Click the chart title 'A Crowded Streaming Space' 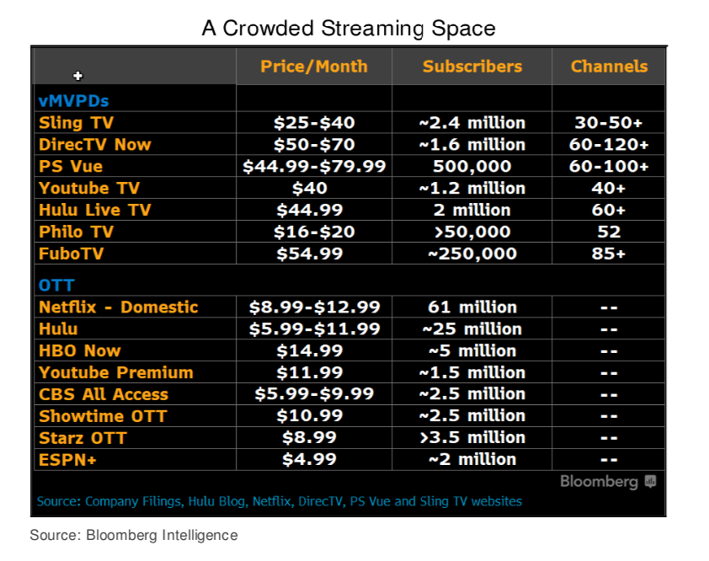click(x=349, y=28)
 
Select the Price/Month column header click(x=314, y=67)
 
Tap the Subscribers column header click(x=472, y=67)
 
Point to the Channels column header click(x=609, y=67)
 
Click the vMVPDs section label click(x=73, y=100)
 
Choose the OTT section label click(x=56, y=286)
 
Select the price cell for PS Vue click(x=314, y=166)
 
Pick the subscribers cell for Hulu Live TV click(x=472, y=210)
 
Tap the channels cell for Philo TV click(x=609, y=232)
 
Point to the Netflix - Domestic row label click(x=119, y=307)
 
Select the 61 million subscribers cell click(x=472, y=307)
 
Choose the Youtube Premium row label click(x=116, y=372)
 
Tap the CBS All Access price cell click(x=314, y=394)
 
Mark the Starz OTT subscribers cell click(x=472, y=438)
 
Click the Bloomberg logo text click(x=599, y=482)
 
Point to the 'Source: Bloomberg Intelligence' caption click(x=134, y=535)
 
